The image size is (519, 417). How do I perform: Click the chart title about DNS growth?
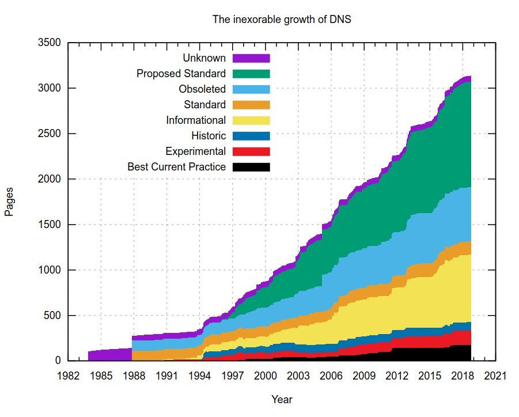coord(282,20)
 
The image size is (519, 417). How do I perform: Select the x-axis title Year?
coord(282,399)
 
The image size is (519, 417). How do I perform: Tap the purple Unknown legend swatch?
coord(251,58)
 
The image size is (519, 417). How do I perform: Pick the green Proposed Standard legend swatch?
coord(251,74)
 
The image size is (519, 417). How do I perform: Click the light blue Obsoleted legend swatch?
coord(251,89)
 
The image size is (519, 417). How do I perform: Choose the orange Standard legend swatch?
coord(251,105)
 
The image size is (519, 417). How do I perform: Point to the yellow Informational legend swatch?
coord(251,120)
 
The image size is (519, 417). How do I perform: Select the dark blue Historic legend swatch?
coord(251,136)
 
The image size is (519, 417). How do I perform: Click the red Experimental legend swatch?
coord(251,151)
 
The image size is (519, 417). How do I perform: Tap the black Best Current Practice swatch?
coord(251,167)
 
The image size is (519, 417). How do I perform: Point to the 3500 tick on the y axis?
coord(50,43)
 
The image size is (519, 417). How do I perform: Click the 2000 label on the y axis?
coord(50,179)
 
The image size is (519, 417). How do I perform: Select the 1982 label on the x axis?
coord(68,376)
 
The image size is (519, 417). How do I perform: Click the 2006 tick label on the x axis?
coord(331,376)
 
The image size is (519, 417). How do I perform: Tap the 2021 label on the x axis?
coord(496,376)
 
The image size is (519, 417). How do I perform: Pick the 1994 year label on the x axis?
coord(200,376)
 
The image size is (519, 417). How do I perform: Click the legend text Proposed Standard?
coord(181,74)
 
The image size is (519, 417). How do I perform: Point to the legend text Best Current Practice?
coord(176,167)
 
